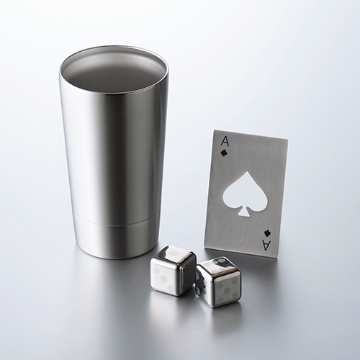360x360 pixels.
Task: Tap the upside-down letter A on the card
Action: click(x=266, y=246)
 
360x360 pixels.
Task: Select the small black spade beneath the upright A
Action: click(x=223, y=153)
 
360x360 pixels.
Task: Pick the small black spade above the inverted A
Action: click(x=266, y=233)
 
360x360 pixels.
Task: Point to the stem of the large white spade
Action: click(x=243, y=212)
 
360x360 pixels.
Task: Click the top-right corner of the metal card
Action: click(x=288, y=139)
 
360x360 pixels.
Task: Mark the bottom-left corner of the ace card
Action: click(x=204, y=246)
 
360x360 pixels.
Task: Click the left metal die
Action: click(x=173, y=271)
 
